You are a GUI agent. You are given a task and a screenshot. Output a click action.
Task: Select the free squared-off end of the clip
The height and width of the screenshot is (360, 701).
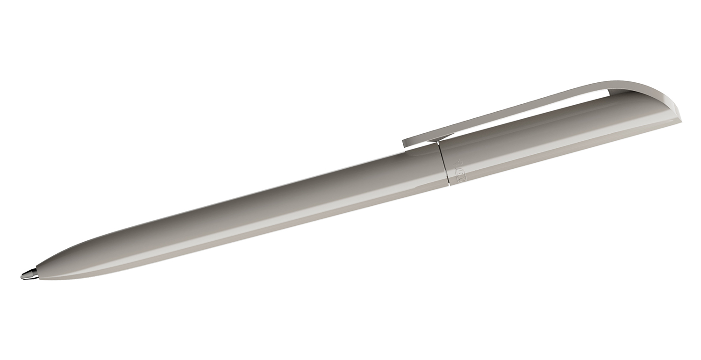coord(405,143)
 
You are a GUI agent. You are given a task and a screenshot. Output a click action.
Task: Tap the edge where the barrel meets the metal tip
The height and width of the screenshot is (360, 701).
coord(37,273)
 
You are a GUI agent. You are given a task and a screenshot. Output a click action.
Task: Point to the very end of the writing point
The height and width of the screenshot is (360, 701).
coord(21,277)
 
